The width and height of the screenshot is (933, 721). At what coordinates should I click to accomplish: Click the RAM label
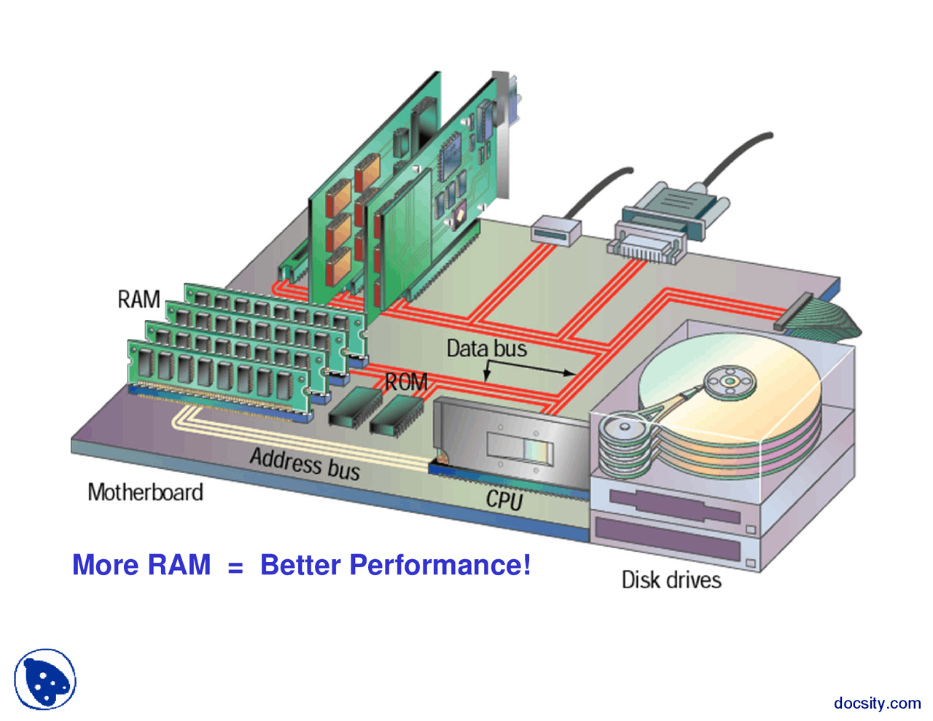click(138, 299)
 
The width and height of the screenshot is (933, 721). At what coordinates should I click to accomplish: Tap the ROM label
click(406, 382)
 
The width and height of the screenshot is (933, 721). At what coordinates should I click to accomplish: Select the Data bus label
click(486, 348)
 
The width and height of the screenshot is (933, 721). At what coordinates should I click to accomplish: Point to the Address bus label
click(305, 464)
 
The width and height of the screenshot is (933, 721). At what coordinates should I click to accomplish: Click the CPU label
click(504, 499)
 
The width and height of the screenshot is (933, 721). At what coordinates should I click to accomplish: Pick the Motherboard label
click(145, 492)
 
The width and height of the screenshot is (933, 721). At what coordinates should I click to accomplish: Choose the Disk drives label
click(671, 580)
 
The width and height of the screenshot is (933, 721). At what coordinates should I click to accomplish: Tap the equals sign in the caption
click(235, 566)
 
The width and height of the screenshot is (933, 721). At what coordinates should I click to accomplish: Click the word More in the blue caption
click(106, 565)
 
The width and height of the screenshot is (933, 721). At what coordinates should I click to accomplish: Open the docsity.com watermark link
click(877, 703)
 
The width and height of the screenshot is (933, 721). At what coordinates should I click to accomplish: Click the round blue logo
click(45, 679)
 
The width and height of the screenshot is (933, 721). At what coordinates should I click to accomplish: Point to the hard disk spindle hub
click(729, 381)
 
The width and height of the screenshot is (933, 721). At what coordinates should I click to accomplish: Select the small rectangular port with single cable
click(555, 230)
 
